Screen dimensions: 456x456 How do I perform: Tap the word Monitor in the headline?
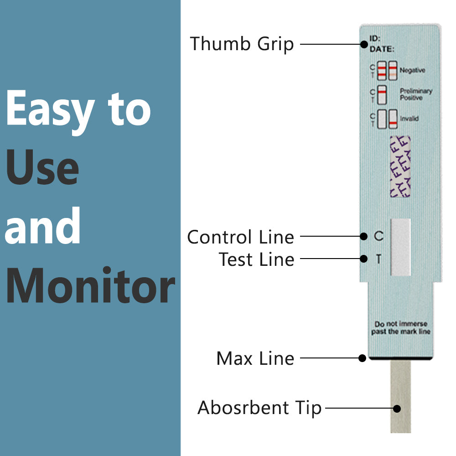[x=90, y=286]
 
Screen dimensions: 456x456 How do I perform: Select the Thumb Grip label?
[x=242, y=44]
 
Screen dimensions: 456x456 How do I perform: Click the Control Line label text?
[x=240, y=237]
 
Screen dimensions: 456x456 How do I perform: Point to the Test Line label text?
[x=256, y=259]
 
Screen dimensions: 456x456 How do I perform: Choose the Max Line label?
[x=255, y=358]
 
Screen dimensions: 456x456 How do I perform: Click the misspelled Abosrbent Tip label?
[x=259, y=408]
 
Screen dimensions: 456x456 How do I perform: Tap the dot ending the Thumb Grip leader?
[x=364, y=44]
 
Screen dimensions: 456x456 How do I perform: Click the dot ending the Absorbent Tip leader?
[x=397, y=409]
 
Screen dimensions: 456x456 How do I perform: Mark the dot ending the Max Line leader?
[x=363, y=358]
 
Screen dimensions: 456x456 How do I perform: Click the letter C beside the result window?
[x=378, y=236]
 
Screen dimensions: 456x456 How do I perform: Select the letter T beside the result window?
[x=378, y=259]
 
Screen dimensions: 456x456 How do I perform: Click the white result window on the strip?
[x=401, y=247]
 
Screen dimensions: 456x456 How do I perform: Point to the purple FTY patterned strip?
[x=400, y=166]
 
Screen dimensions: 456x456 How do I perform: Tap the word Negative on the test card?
[x=412, y=70]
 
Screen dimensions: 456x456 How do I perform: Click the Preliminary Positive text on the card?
[x=415, y=94]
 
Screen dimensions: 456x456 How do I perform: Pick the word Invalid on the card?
[x=409, y=119]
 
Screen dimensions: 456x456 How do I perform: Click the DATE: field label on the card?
[x=382, y=49]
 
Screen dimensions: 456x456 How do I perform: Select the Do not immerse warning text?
[x=400, y=328]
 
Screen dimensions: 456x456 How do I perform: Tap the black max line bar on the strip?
[x=401, y=359]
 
